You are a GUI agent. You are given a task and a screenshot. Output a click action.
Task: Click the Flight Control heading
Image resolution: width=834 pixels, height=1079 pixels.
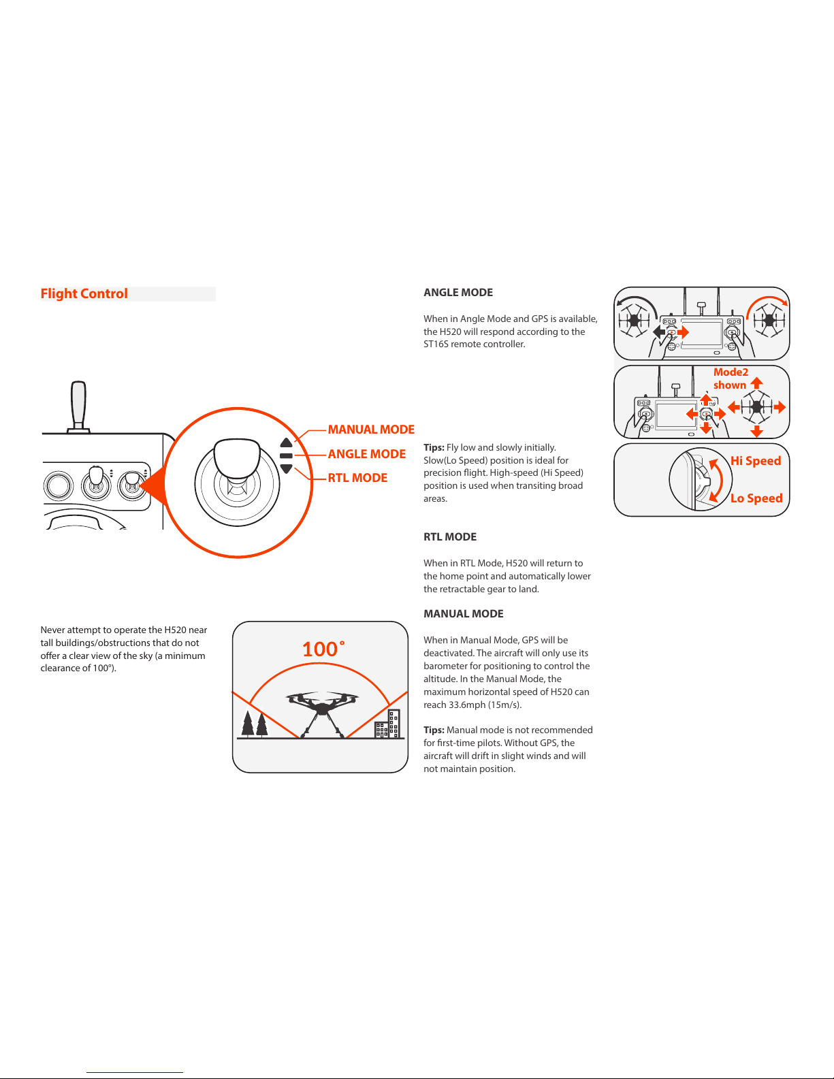(84, 293)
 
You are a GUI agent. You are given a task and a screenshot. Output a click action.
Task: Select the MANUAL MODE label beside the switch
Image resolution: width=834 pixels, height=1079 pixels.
(371, 430)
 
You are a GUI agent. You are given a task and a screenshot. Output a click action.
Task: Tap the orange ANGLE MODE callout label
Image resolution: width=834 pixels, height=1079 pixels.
(366, 454)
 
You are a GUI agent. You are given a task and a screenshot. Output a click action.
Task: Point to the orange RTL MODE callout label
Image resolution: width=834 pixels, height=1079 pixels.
(357, 478)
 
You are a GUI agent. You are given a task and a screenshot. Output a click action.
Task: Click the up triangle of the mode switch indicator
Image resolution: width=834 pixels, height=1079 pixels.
(286, 443)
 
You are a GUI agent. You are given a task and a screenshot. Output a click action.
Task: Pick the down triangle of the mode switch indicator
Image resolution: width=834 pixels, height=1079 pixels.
(286, 468)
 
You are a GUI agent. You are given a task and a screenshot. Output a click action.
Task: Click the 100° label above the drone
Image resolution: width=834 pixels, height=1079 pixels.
(323, 649)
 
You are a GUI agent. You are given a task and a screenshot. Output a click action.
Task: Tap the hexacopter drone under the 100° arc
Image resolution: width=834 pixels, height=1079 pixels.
(321, 711)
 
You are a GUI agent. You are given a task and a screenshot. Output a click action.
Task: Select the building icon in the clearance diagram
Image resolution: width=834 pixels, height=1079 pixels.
(387, 725)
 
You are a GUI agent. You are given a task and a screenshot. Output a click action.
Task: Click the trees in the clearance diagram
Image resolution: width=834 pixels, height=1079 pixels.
(255, 724)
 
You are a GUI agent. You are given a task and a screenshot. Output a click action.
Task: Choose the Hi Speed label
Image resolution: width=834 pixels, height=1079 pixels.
(756, 461)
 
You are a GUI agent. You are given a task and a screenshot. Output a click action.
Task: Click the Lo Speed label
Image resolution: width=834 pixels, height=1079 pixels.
(756, 498)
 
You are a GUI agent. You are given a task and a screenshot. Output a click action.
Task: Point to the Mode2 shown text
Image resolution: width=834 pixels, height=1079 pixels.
(731, 379)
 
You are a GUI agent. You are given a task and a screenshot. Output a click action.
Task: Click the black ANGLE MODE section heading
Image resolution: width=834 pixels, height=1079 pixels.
(458, 293)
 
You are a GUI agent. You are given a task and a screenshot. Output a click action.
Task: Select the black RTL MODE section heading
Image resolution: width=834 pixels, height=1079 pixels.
(450, 537)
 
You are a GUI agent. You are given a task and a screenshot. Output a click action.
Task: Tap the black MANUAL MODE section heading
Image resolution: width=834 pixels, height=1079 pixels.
(464, 614)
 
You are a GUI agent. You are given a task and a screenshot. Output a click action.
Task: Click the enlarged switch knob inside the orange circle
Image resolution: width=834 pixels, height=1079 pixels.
(237, 459)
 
